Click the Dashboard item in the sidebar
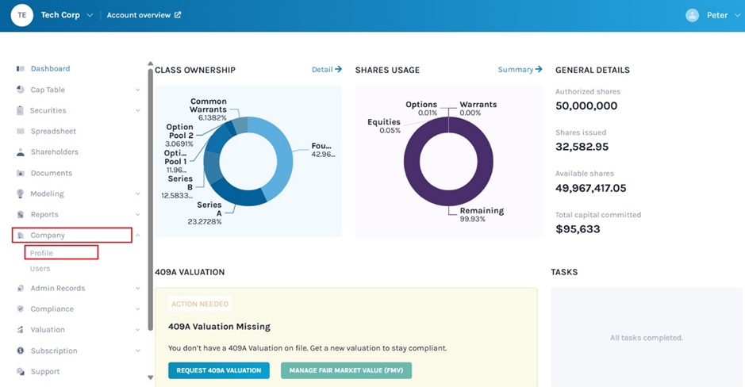pyautogui.click(x=50, y=69)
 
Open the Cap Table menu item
pyautogui.click(x=48, y=90)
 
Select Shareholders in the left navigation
pyautogui.click(x=54, y=152)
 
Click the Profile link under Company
pyautogui.click(x=41, y=253)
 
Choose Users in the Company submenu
pyautogui.click(x=40, y=269)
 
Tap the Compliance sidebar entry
pyautogui.click(x=52, y=309)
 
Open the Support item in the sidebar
pyautogui.click(x=45, y=371)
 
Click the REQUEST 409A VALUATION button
pyautogui.click(x=219, y=370)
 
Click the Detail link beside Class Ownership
pyautogui.click(x=326, y=70)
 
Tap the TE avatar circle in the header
pyautogui.click(x=22, y=15)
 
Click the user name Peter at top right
pyautogui.click(x=716, y=15)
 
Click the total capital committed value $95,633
pyautogui.click(x=578, y=229)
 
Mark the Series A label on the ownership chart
pyautogui.click(x=209, y=209)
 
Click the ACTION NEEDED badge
pyautogui.click(x=200, y=304)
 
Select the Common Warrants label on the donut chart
pyautogui.click(x=209, y=105)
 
